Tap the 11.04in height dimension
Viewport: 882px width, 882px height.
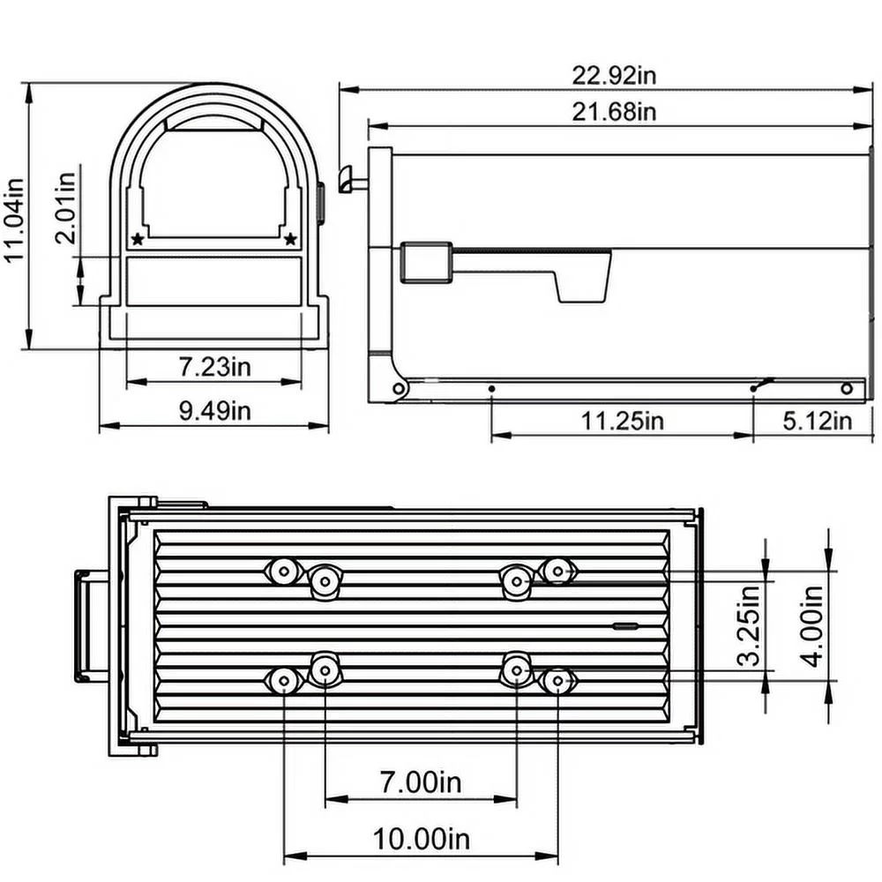pyautogui.click(x=15, y=216)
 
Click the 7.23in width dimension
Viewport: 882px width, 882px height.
pyautogui.click(x=215, y=366)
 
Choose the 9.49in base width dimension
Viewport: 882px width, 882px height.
pyautogui.click(x=215, y=411)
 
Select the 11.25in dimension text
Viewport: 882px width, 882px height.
pyautogui.click(x=622, y=421)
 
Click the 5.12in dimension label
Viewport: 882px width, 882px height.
pyautogui.click(x=817, y=421)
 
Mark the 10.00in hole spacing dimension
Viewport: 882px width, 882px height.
pyautogui.click(x=419, y=839)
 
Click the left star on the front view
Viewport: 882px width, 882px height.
pyautogui.click(x=138, y=238)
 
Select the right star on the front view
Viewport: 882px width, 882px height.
pyautogui.click(x=291, y=238)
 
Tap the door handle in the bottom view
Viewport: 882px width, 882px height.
pyautogui.click(x=84, y=626)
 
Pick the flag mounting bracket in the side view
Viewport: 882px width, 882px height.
pyautogui.click(x=427, y=263)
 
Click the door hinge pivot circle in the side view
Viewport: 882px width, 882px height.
pyautogui.click(x=399, y=388)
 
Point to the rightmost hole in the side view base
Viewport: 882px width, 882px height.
pyautogui.click(x=848, y=387)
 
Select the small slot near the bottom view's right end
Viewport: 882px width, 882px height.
pyautogui.click(x=626, y=625)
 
